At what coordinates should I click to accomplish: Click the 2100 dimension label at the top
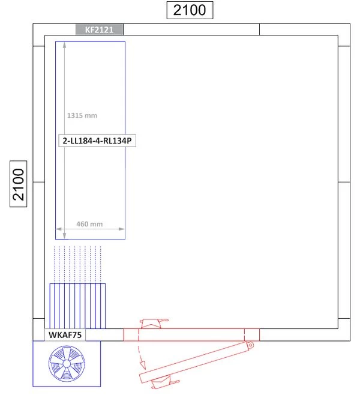tap(189, 10)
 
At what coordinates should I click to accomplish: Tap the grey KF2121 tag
tap(99, 29)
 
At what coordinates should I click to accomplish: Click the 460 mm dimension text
tap(89, 224)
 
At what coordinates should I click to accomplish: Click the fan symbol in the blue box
tap(66, 364)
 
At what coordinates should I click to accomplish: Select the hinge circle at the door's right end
tap(250, 345)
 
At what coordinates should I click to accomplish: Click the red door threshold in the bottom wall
tap(191, 334)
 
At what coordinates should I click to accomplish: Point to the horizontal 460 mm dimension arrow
tap(90, 229)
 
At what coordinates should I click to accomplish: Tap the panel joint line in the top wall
tap(259, 29)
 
